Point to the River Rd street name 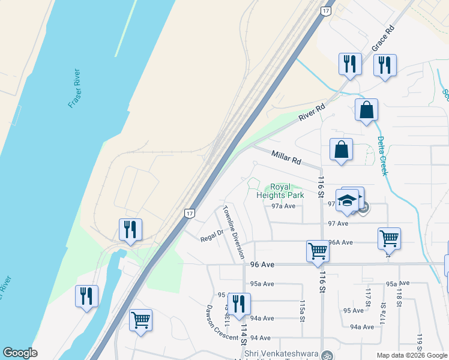[312, 113]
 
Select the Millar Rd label [286, 158]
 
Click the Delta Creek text [382, 156]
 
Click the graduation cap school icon [348, 200]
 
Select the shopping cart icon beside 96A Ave [389, 238]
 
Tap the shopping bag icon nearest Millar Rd [341, 149]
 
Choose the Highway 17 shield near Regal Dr [190, 213]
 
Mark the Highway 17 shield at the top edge [325, 11]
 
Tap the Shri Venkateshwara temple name [281, 354]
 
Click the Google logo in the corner [20, 353]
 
